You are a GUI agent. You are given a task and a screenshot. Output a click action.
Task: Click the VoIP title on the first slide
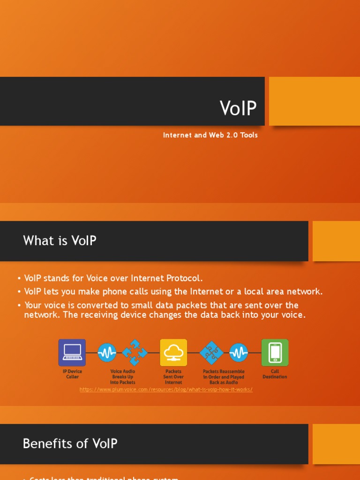coord(238,108)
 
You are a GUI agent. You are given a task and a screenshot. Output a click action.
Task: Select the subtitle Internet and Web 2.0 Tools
coord(210,135)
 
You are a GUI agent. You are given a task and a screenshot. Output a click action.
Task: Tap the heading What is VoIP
coord(60,240)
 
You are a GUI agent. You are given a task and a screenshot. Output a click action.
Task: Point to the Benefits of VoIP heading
coord(70,443)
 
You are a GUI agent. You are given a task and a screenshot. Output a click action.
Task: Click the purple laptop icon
coord(72,352)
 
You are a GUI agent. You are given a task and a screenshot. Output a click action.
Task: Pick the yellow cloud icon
coord(173,352)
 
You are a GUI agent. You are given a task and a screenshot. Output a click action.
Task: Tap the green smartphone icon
coord(275,352)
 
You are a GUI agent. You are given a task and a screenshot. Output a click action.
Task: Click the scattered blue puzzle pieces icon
coord(135,352)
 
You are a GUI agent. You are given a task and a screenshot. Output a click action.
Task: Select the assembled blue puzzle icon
coord(212,352)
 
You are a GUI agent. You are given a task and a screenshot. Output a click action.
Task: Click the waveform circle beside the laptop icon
coord(107,352)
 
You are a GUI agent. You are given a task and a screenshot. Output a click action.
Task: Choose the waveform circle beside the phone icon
coord(239,352)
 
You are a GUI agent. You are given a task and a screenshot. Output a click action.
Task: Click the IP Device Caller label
coord(72,374)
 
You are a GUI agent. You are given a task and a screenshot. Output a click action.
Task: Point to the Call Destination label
coord(275,374)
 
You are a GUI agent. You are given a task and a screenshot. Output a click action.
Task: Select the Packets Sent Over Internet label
coord(173,377)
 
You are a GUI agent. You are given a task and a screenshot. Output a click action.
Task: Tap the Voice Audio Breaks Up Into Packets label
coord(122,377)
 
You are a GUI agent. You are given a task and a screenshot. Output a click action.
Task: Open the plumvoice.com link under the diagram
coord(166,390)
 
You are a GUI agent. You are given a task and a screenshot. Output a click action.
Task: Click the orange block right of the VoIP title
coord(314,101)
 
